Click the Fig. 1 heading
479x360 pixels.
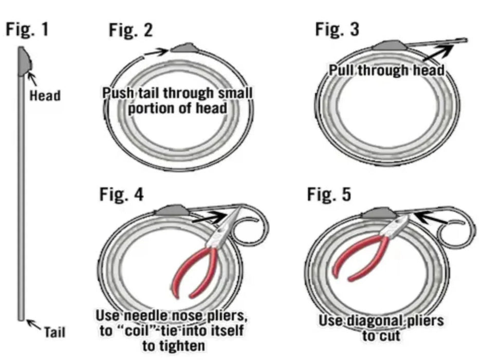27,29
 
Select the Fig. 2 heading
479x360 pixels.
131,31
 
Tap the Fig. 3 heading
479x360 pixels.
337,29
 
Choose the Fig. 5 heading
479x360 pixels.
329,195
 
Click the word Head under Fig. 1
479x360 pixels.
45,96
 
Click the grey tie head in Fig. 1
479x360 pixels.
24,61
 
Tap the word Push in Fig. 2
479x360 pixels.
117,93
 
